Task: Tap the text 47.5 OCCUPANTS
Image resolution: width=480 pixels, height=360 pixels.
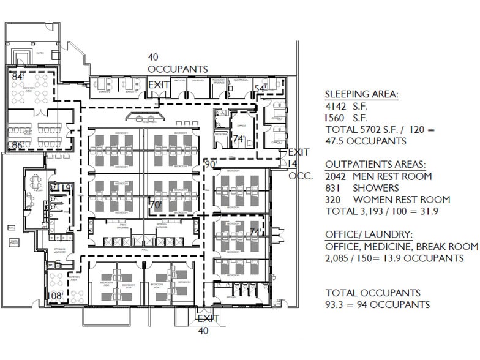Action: click(366, 141)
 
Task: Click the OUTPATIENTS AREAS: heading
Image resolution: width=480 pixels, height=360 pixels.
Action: click(378, 164)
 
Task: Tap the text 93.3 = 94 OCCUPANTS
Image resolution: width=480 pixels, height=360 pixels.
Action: click(377, 305)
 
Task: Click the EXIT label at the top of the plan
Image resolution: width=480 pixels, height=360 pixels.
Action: click(159, 84)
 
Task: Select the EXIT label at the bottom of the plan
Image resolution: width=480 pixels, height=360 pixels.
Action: click(208, 318)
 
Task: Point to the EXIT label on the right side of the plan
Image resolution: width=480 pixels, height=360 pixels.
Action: click(299, 152)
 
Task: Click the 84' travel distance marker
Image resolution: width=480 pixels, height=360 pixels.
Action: click(18, 77)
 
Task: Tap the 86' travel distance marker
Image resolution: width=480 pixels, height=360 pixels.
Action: click(18, 146)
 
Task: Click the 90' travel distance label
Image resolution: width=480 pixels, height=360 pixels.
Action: click(211, 164)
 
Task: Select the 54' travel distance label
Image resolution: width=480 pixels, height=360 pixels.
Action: click(260, 89)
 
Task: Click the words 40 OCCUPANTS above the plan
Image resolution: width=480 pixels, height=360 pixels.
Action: click(177, 63)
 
